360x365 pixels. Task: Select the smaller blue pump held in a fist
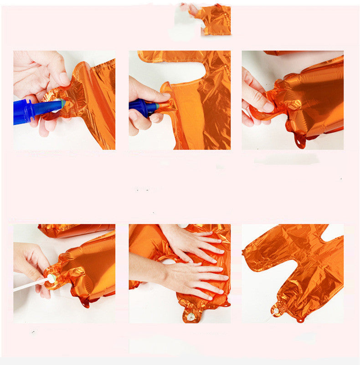tap(142, 108)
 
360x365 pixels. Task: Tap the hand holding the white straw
tap(31, 264)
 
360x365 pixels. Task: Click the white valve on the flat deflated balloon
tap(276, 311)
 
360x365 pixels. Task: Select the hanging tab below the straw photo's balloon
tap(85, 303)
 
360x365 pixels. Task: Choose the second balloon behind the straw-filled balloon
tap(75, 230)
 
